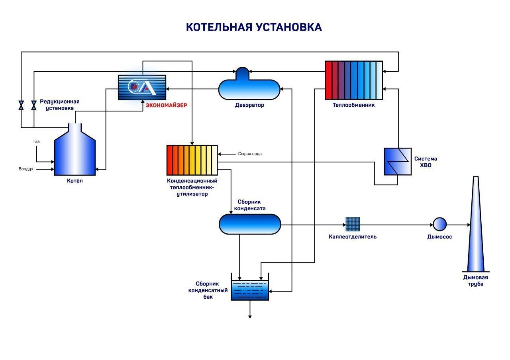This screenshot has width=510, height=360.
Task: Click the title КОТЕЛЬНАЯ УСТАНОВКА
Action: click(254, 27)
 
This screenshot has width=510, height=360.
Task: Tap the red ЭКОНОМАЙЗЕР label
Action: click(166, 106)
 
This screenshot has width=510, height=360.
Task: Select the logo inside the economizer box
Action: click(141, 87)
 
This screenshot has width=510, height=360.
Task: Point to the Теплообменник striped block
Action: click(354, 80)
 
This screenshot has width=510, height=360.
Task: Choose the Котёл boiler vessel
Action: click(75, 153)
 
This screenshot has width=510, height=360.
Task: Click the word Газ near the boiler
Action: click(37, 141)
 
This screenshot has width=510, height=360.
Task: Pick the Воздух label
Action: click(26, 169)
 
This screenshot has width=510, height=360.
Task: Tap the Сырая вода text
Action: click(250, 154)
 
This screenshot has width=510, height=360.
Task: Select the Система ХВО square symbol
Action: click(398, 161)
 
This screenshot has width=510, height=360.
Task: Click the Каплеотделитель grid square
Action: click(353, 224)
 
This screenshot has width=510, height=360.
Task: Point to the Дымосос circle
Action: click(440, 224)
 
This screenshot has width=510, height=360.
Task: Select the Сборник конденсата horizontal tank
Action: click(250, 224)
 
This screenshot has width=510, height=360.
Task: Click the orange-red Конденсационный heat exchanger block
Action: click(192, 160)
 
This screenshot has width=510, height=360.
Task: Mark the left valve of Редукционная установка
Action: click(22, 106)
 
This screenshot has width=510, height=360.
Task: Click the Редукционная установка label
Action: click(59, 105)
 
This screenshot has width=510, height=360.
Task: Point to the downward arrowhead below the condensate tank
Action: click(250, 317)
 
